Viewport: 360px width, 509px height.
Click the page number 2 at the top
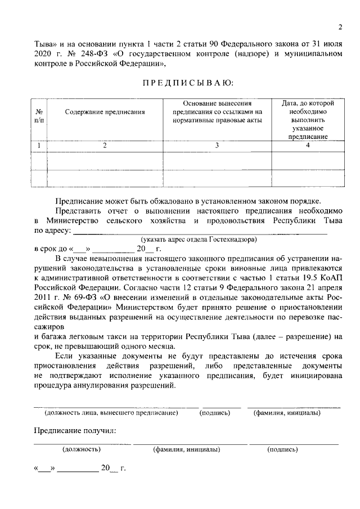340,26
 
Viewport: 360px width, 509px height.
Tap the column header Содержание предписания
105,112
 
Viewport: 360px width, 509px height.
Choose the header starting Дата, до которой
308,120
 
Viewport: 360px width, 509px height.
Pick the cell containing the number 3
217,146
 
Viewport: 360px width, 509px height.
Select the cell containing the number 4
308,146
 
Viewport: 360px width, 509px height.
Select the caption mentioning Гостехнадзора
199,240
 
